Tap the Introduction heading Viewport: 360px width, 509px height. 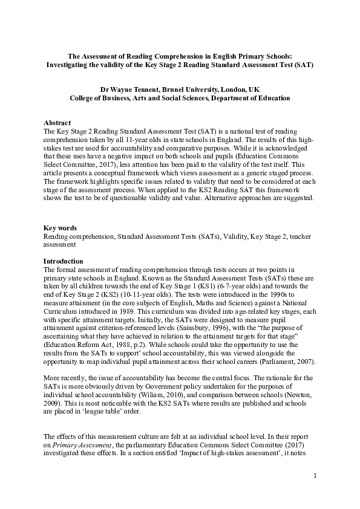coord(63,261)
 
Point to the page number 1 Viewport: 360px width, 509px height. coord(315,476)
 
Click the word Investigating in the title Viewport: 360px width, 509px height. coord(70,63)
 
